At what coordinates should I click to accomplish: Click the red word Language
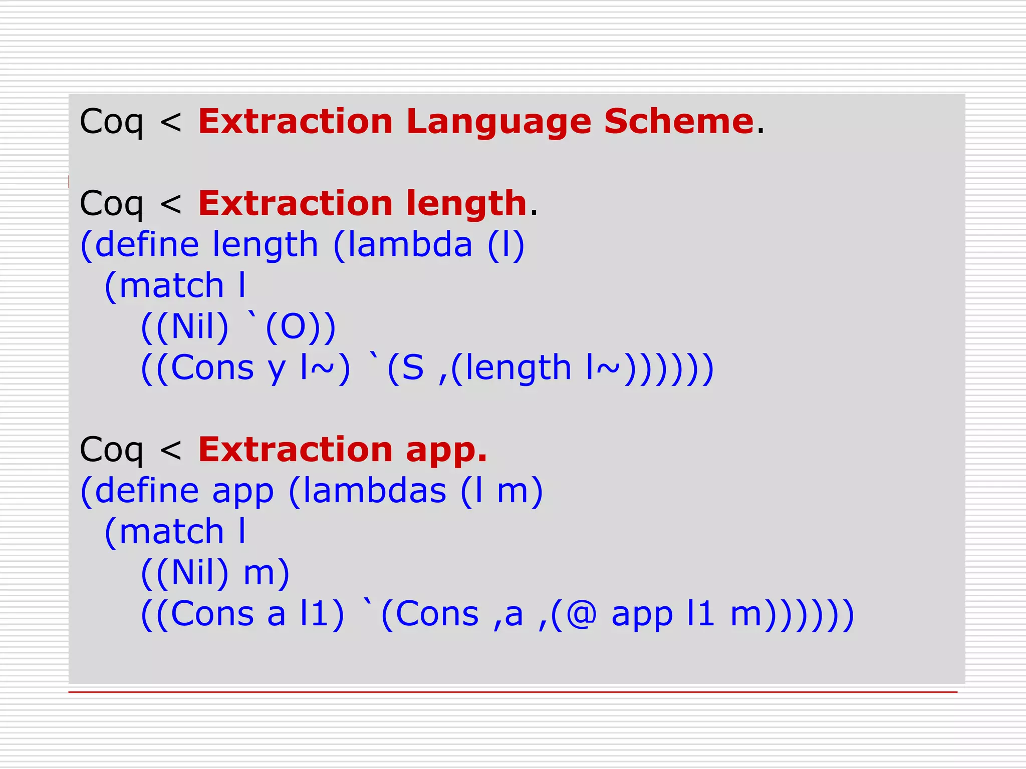pyautogui.click(x=498, y=122)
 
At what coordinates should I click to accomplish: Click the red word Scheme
pyautogui.click(x=679, y=122)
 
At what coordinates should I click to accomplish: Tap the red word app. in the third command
pyautogui.click(x=446, y=450)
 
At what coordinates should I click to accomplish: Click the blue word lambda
pyautogui.click(x=410, y=245)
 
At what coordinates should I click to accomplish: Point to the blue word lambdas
pyautogui.click(x=375, y=491)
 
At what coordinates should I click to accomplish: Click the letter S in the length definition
pyautogui.click(x=413, y=368)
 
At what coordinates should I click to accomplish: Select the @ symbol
pyautogui.click(x=581, y=614)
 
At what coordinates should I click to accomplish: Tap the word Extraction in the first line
pyautogui.click(x=296, y=122)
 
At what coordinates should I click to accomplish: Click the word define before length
pyautogui.click(x=147, y=245)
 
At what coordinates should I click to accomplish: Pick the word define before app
pyautogui.click(x=147, y=491)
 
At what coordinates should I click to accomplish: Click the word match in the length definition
pyautogui.click(x=171, y=286)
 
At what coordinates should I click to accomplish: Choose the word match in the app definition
pyautogui.click(x=171, y=532)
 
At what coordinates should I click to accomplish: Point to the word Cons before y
pyautogui.click(x=212, y=368)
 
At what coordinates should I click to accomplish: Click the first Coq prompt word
pyautogui.click(x=111, y=122)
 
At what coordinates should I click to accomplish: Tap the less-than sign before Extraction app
pyautogui.click(x=171, y=450)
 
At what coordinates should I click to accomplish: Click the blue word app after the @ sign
pyautogui.click(x=642, y=616)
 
